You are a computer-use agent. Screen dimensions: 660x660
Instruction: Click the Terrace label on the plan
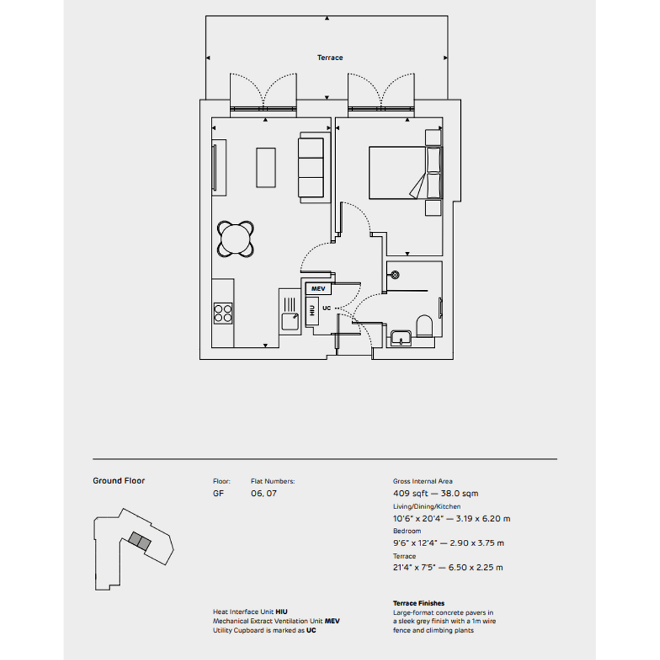[x=330, y=58]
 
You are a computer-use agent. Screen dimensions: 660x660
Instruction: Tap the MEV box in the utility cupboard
[x=318, y=288]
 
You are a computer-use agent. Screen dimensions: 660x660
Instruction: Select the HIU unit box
[x=312, y=311]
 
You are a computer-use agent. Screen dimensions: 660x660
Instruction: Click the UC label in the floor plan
[x=327, y=308]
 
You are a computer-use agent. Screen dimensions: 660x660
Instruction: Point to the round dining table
[x=236, y=239]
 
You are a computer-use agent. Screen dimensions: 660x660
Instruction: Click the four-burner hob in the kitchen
[x=223, y=313]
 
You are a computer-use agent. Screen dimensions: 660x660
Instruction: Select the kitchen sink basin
[x=290, y=322]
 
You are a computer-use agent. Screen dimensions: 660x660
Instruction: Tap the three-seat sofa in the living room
[x=311, y=168]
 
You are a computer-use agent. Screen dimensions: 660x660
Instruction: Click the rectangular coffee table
[x=266, y=168]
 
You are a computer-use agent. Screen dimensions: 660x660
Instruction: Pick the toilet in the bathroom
[x=425, y=325]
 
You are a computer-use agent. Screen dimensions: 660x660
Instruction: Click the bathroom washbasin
[x=401, y=338]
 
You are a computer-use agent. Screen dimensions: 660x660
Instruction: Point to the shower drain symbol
[x=395, y=276]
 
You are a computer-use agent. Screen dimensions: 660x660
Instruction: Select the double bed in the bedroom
[x=405, y=173]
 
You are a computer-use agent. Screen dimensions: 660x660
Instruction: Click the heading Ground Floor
[x=119, y=481]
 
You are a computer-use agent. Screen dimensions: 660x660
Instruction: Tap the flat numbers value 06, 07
[x=264, y=493]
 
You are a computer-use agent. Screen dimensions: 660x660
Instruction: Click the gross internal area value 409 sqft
[x=411, y=493]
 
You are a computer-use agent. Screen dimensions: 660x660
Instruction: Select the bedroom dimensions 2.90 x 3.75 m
[x=477, y=543]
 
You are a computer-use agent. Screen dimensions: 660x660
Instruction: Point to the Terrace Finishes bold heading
[x=419, y=603]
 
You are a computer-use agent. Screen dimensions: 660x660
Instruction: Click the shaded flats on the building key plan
[x=139, y=541]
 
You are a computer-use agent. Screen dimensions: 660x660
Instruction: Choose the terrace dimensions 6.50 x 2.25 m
[x=476, y=567]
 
